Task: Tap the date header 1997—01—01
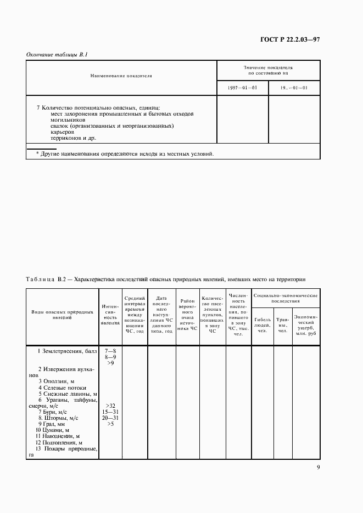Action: pos(242,88)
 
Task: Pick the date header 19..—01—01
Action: pos(294,88)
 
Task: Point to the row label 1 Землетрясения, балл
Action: pos(66,350)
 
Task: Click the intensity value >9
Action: pos(110,363)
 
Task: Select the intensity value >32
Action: pos(110,406)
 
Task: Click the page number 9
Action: pos(318,468)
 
